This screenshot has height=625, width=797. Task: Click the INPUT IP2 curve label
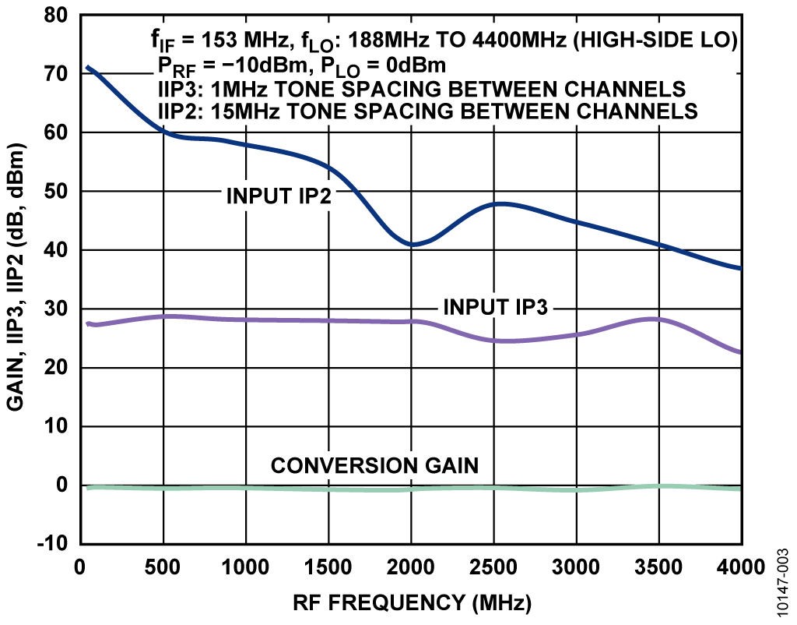[279, 196]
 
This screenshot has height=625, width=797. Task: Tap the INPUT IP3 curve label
[497, 306]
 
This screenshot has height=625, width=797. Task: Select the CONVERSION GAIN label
[374, 466]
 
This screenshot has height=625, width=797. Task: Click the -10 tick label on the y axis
[51, 543]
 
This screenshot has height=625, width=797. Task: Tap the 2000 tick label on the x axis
[410, 567]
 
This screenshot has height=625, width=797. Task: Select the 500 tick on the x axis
[163, 567]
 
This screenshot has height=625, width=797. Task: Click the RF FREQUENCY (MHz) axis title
[412, 602]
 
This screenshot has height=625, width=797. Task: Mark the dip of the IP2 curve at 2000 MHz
[412, 245]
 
